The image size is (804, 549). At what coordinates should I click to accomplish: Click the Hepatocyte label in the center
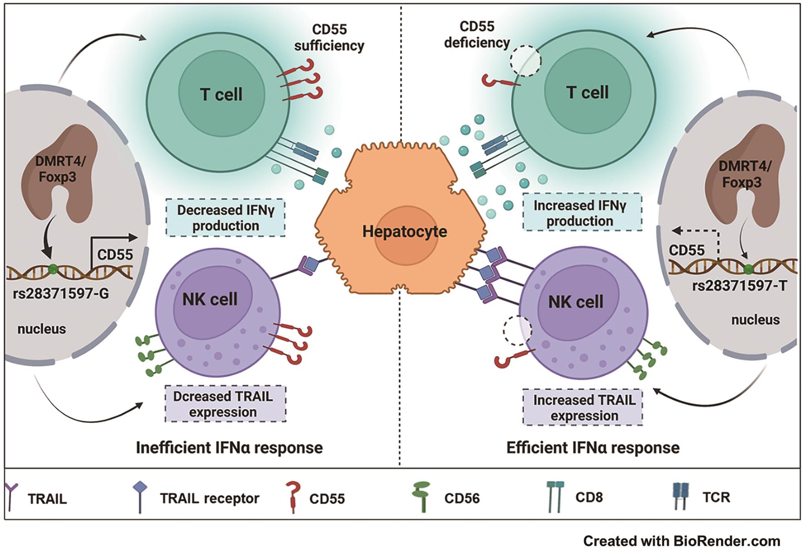(x=404, y=231)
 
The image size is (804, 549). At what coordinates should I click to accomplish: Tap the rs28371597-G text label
(x=61, y=294)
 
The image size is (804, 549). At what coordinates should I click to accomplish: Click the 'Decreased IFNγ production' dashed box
(x=226, y=218)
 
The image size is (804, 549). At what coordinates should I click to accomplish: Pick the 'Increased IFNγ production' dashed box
(x=582, y=213)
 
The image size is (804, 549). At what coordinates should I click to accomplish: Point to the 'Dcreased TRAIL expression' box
(x=225, y=404)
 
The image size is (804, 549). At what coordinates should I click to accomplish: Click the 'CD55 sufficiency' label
(x=329, y=38)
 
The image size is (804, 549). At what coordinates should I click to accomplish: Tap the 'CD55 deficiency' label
(x=476, y=34)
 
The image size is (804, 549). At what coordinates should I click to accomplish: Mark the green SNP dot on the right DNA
(x=749, y=270)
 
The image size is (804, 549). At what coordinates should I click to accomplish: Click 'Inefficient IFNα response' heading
(x=229, y=448)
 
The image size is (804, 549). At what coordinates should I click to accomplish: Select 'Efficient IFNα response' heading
(x=593, y=448)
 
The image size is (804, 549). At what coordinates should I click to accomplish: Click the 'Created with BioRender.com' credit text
(x=681, y=541)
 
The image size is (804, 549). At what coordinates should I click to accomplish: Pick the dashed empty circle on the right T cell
(x=525, y=60)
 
